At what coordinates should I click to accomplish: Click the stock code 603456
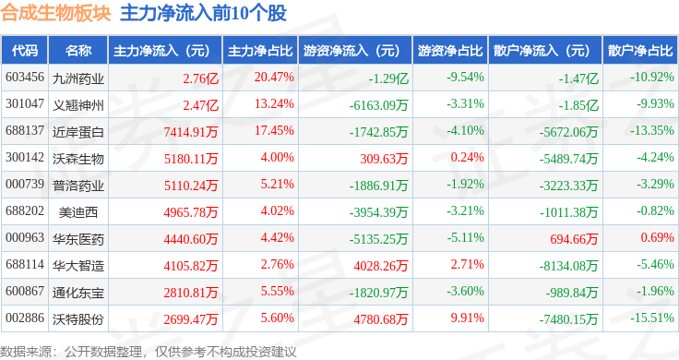(x=25, y=78)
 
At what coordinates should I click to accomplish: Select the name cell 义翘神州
(x=78, y=105)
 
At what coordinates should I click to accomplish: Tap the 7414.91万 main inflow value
(x=191, y=132)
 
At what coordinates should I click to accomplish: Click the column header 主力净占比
(x=260, y=51)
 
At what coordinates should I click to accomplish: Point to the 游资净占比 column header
(x=450, y=51)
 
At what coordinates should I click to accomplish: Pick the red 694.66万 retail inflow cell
(x=574, y=239)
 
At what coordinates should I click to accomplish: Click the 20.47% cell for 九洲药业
(x=274, y=78)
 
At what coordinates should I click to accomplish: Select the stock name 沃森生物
(x=78, y=159)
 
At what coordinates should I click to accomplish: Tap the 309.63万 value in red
(x=384, y=159)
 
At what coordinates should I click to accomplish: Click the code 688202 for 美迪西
(x=25, y=211)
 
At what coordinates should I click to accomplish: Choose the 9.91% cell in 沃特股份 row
(x=467, y=318)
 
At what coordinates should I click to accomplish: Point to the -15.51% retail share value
(x=651, y=318)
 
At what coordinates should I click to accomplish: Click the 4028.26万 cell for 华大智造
(x=381, y=266)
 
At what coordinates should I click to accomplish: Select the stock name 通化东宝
(x=78, y=293)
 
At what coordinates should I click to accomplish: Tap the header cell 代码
(x=25, y=51)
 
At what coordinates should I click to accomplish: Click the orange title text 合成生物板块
(x=56, y=13)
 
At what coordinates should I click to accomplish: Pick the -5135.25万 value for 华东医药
(x=378, y=239)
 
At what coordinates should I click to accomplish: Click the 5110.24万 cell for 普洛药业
(x=191, y=186)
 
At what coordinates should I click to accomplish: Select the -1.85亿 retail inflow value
(x=578, y=105)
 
